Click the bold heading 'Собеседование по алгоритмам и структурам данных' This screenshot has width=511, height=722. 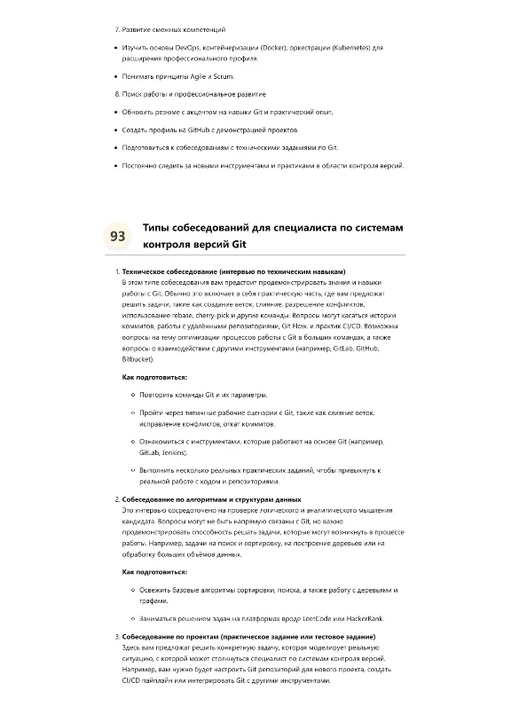[x=211, y=499]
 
